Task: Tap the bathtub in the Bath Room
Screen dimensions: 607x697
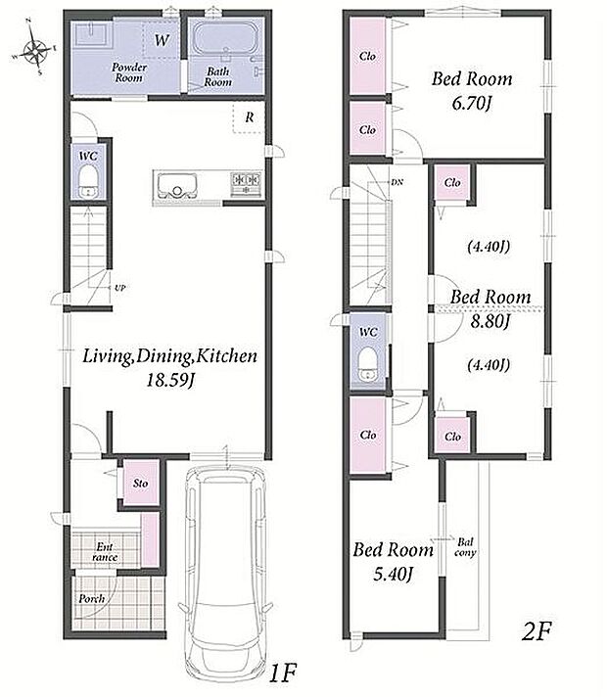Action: (x=226, y=39)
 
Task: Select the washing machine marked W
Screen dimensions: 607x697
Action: (x=161, y=40)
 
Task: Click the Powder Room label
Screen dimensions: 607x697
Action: (x=129, y=72)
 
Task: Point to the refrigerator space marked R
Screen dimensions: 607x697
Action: (x=249, y=117)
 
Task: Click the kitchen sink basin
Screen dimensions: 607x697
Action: (x=177, y=186)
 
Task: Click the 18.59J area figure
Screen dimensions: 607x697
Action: (x=170, y=381)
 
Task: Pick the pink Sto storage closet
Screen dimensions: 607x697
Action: (x=141, y=484)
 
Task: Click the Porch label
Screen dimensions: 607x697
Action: (x=92, y=599)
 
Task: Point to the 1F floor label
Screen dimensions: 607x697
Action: (x=283, y=673)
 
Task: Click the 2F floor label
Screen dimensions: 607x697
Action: (x=537, y=631)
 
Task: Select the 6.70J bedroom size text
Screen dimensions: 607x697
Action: (x=471, y=104)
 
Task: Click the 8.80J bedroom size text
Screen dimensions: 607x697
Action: (x=490, y=321)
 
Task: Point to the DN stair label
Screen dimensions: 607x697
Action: (x=397, y=182)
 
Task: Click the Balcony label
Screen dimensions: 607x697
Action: (x=465, y=547)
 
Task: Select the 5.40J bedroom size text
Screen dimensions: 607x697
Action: (x=394, y=575)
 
